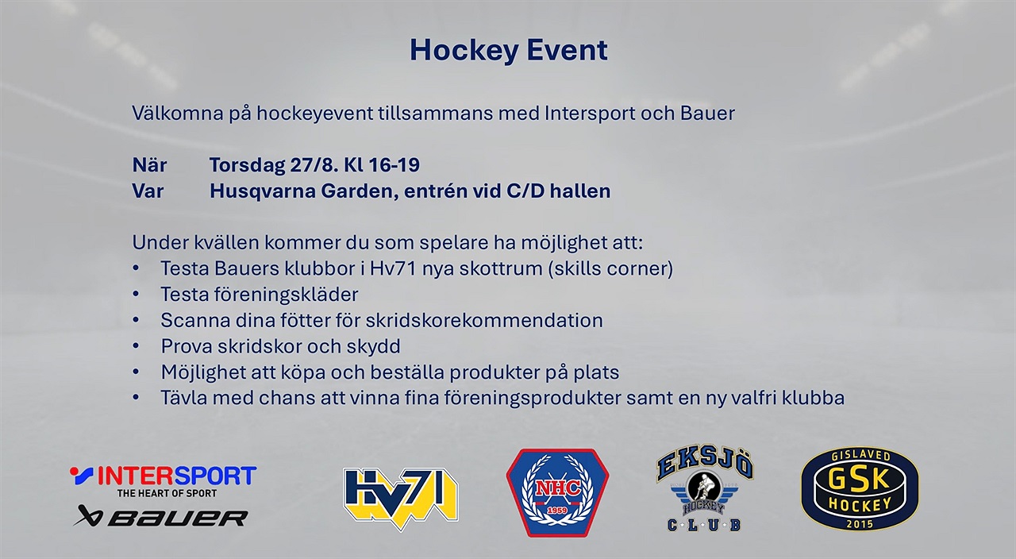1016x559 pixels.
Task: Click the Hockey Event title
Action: [x=509, y=51]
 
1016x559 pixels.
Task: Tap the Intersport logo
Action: [x=164, y=481]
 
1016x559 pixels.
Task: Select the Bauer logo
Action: [x=160, y=516]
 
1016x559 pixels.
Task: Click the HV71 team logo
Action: [x=401, y=498]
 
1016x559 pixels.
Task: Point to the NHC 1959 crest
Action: [x=557, y=493]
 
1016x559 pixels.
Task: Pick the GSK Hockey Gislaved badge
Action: [x=860, y=488]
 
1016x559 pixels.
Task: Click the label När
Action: [x=150, y=165]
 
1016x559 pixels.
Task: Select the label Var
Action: [x=148, y=191]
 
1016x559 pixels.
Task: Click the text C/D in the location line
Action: [x=525, y=191]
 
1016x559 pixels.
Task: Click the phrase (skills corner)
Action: [x=610, y=268]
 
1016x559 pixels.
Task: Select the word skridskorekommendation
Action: [x=484, y=320]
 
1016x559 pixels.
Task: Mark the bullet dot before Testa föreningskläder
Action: [x=136, y=295]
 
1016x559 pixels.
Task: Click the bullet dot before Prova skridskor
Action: [x=136, y=346]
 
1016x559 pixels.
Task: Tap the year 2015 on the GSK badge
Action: [x=860, y=524]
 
